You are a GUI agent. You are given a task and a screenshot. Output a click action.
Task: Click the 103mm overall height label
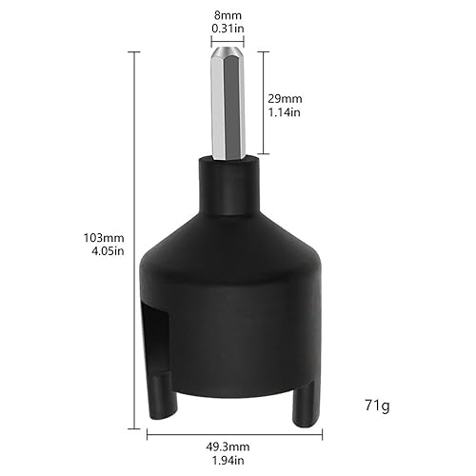click(x=104, y=238)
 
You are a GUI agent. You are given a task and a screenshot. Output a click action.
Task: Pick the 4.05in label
click(x=104, y=251)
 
